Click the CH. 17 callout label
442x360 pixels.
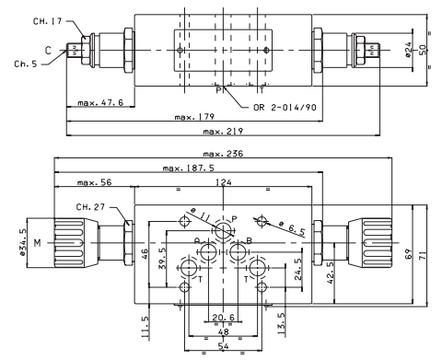[48, 21]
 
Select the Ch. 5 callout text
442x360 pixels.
[26, 64]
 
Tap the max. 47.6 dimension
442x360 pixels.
[100, 102]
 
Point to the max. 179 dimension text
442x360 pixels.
[194, 117]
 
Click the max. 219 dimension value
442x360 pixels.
[223, 132]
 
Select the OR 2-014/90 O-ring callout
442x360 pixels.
[285, 107]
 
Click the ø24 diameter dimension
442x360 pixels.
[408, 50]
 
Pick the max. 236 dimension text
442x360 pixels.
[223, 154]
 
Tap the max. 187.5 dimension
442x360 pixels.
[189, 168]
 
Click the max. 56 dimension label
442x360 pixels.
[95, 182]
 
